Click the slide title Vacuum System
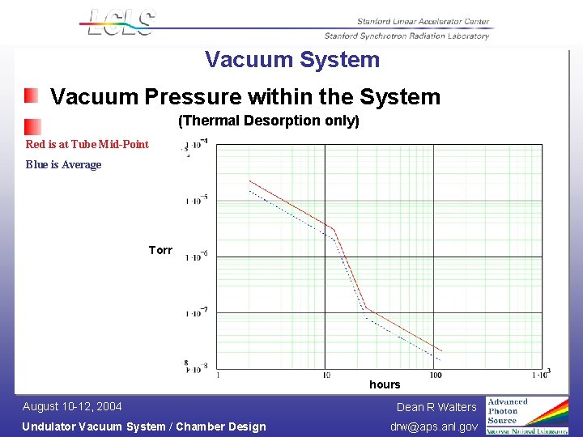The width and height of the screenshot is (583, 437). tap(292, 60)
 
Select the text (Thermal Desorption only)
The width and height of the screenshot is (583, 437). tap(269, 121)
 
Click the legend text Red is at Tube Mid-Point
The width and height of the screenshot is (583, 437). tap(87, 144)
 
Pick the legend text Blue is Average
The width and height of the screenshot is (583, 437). tap(64, 164)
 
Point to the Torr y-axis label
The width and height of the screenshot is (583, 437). tap(160, 250)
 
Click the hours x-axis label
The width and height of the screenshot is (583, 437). tap(385, 384)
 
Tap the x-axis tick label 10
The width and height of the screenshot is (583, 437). tap(326, 375)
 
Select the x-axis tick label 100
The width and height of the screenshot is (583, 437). tap(436, 375)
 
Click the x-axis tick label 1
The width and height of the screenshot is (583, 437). tap(218, 375)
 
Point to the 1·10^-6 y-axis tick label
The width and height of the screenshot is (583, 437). tap(197, 256)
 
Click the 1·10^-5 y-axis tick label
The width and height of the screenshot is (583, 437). tap(197, 199)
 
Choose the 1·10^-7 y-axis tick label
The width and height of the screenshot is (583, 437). tap(197, 312)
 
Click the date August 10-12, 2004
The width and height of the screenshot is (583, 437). tap(72, 406)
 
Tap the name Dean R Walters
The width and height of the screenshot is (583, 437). tap(436, 407)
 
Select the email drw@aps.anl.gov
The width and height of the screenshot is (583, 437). tap(434, 426)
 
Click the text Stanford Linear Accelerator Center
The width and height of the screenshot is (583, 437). tap(423, 22)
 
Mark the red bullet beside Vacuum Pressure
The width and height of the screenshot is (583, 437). tap(31, 96)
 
